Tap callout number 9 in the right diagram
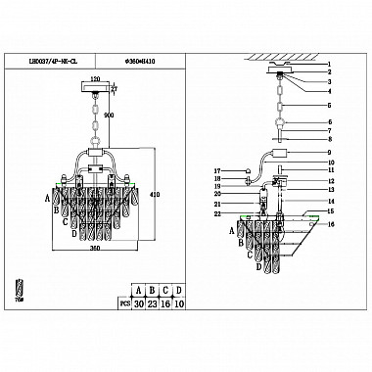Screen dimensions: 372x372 pos(331,154)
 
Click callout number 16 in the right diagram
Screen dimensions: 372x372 pos(331,224)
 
